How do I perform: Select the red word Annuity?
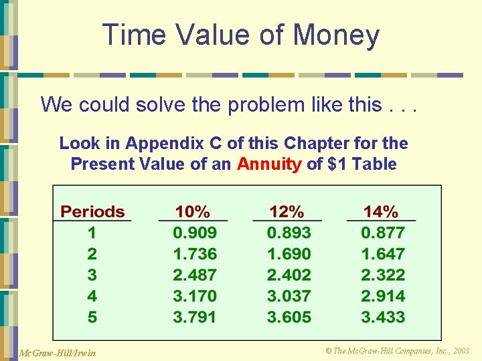[269, 164]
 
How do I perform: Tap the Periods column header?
[92, 212]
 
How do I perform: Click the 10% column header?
[193, 212]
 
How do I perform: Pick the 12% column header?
[287, 212]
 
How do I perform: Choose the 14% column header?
[381, 212]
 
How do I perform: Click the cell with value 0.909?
[195, 233]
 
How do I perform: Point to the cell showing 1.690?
[289, 254]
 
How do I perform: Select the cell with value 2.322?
[383, 275]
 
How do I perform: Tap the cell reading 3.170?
[195, 295]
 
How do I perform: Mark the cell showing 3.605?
[289, 316]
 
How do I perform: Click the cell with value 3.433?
[383, 316]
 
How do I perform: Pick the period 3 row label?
[92, 275]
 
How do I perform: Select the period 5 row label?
[92, 316]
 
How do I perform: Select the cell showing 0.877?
[383, 233]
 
